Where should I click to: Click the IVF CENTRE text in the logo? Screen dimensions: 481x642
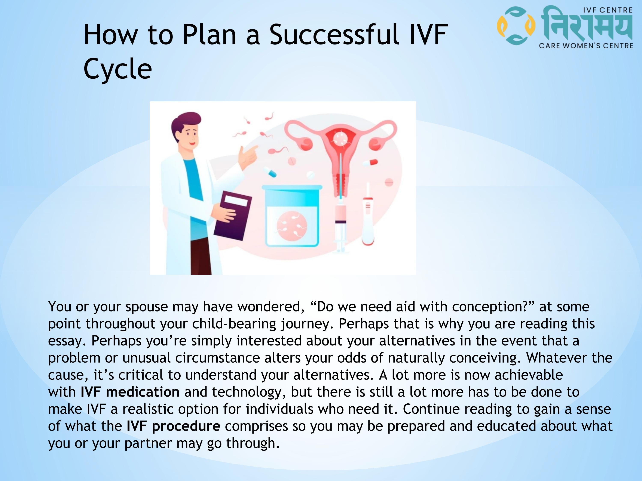click(x=608, y=10)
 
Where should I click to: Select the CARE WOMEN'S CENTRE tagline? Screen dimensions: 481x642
click(x=586, y=46)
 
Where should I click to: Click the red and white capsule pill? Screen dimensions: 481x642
click(x=370, y=163)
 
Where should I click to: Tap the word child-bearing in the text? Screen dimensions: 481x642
click(x=234, y=324)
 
